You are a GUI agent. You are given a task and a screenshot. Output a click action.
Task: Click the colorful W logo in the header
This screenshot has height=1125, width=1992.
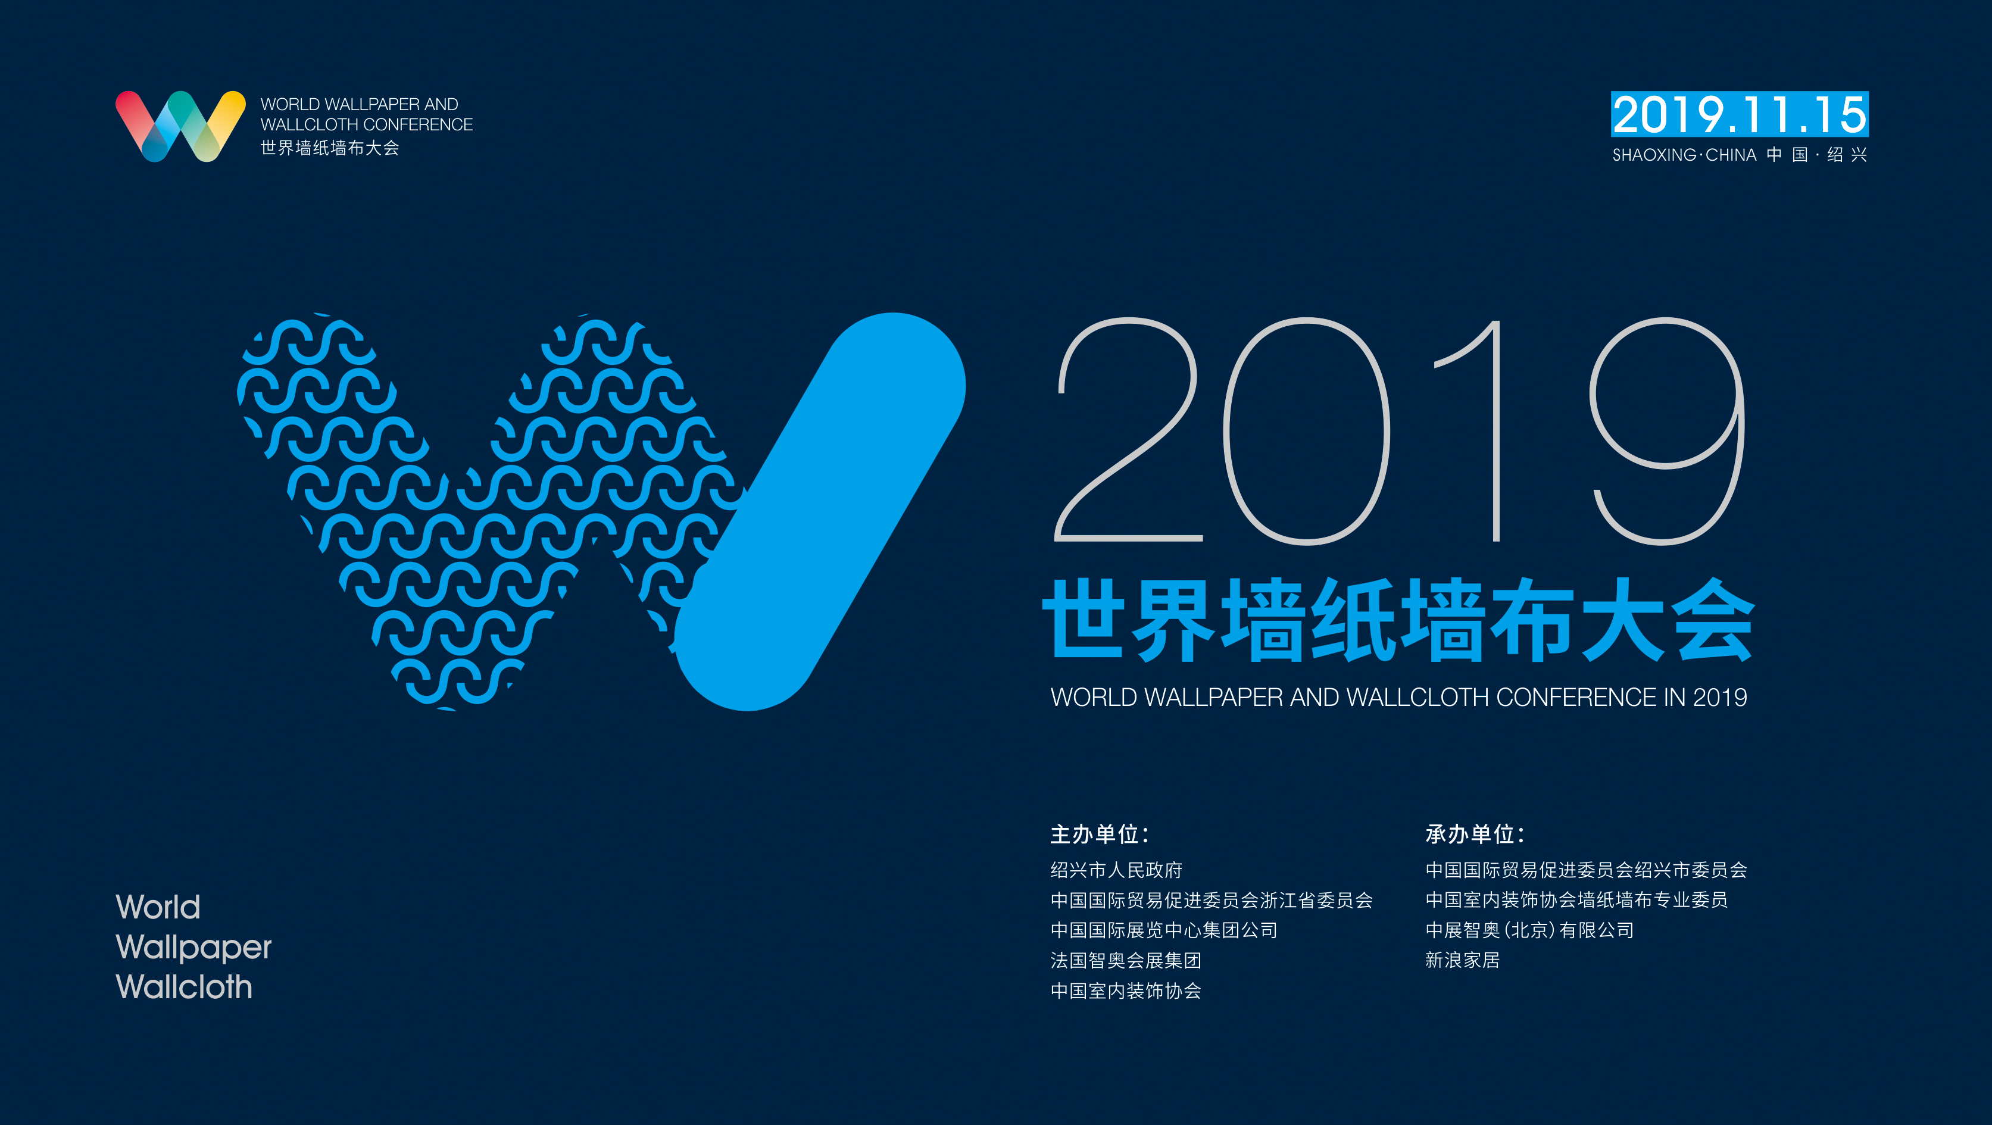click(180, 126)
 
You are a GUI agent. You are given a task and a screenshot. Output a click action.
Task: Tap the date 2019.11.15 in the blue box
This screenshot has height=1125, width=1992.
click(1739, 114)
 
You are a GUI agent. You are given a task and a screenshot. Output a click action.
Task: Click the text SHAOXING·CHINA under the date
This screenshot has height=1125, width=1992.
click(1684, 155)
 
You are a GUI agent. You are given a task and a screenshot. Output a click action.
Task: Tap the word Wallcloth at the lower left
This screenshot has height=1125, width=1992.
click(184, 987)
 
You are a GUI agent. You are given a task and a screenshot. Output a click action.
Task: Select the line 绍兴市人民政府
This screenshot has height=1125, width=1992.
click(1116, 870)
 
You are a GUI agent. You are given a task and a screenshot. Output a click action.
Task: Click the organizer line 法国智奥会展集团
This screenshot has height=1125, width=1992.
click(1125, 960)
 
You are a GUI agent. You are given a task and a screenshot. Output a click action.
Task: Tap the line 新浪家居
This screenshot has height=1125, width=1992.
click(1462, 960)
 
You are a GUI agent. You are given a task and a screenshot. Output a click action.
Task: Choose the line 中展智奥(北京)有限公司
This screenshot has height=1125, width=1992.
click(1529, 930)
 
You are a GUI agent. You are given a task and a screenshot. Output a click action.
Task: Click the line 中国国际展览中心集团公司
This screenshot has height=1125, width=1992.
click(1164, 930)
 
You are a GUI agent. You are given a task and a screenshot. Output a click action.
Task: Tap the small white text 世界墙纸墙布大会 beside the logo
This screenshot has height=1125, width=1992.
click(329, 148)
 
